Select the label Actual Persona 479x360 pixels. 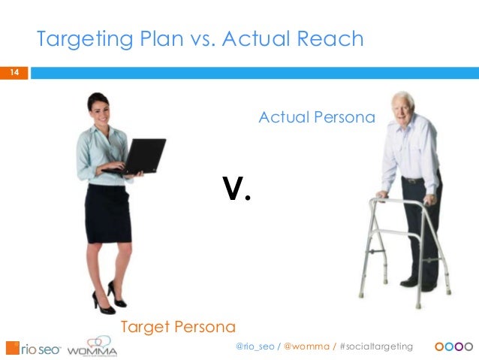click(x=316, y=117)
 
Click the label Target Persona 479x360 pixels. click(x=178, y=327)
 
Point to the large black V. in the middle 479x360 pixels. click(x=236, y=191)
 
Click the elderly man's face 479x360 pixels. click(x=403, y=104)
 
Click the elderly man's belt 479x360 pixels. click(x=413, y=180)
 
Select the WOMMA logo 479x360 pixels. click(x=92, y=347)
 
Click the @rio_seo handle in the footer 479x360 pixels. click(x=255, y=346)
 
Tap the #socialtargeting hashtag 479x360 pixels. click(x=376, y=346)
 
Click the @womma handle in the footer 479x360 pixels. click(x=306, y=346)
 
